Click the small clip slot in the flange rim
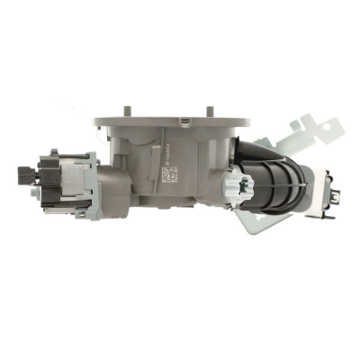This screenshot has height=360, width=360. point(185,118)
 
